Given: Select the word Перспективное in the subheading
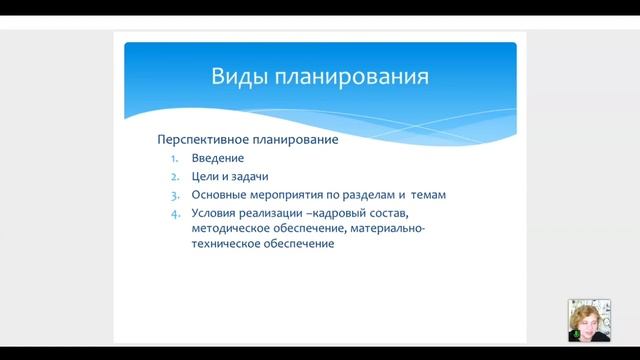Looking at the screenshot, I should [204, 140].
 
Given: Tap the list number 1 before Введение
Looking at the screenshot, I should [173, 158].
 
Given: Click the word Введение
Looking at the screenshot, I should [217, 158].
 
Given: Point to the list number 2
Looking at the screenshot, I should [173, 176].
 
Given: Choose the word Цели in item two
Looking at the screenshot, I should [206, 176].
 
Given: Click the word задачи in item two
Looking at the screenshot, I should [251, 176].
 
